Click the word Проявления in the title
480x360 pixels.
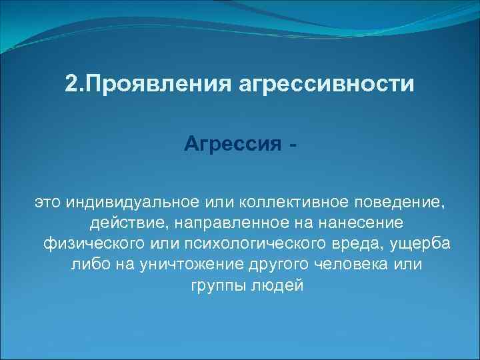click(147, 85)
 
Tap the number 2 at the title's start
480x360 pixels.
click(71, 85)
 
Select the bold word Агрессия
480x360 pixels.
click(232, 143)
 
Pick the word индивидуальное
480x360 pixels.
click(131, 201)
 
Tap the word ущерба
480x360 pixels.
click(423, 243)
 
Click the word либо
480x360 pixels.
click(86, 265)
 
